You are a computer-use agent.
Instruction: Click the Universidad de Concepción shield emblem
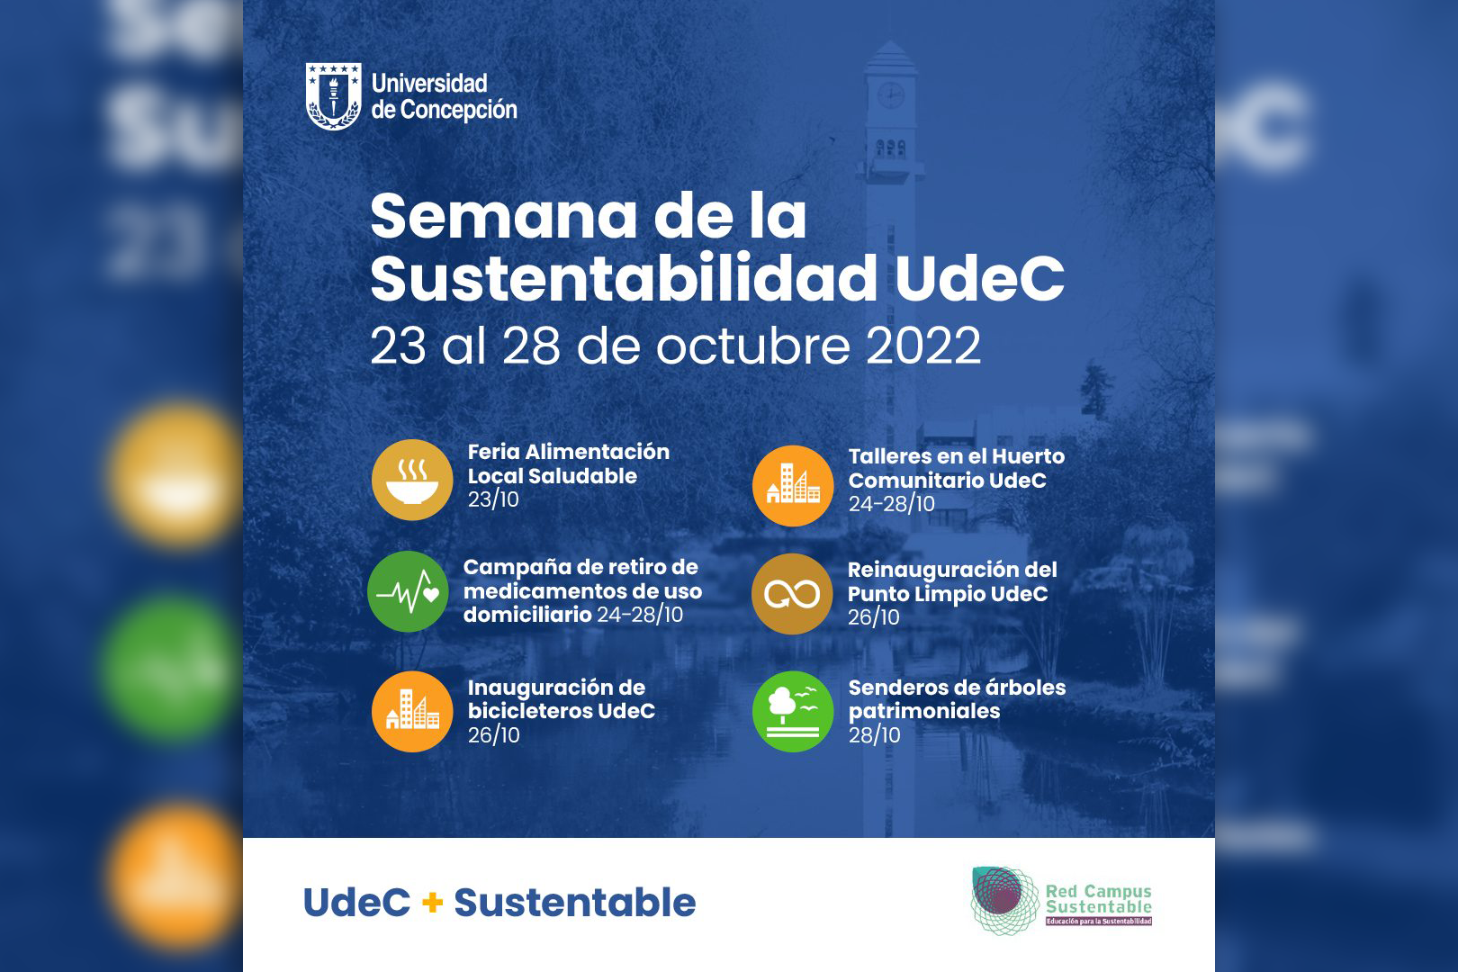(333, 96)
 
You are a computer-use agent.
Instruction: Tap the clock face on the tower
(890, 95)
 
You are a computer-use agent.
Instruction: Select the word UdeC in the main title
(979, 278)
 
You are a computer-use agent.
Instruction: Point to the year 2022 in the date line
(923, 346)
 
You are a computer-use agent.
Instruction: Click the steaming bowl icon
(412, 480)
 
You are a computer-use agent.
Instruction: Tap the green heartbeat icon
(408, 592)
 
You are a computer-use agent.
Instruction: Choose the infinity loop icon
(792, 594)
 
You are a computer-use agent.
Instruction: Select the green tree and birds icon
(793, 712)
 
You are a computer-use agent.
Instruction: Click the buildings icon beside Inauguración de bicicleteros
(412, 712)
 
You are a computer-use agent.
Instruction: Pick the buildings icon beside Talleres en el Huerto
(793, 486)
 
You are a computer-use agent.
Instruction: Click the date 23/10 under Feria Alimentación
(493, 500)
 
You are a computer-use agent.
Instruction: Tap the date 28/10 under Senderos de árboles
(874, 735)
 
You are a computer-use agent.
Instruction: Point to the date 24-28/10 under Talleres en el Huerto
(891, 504)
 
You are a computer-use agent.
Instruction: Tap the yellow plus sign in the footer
(432, 903)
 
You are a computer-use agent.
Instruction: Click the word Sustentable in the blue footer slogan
(575, 903)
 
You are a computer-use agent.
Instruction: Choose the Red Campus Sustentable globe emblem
(1004, 900)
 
